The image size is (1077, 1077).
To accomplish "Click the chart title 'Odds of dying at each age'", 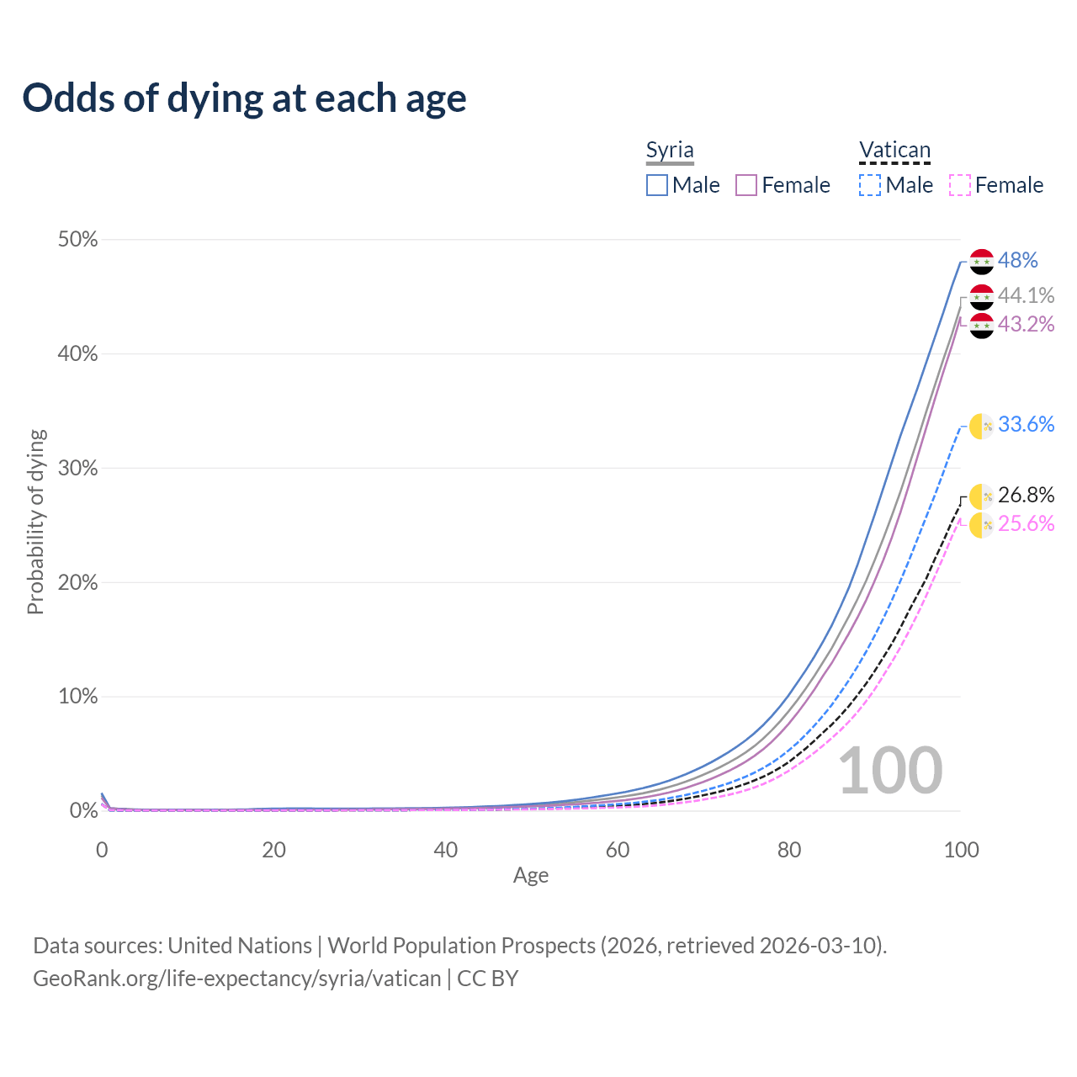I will click(244, 98).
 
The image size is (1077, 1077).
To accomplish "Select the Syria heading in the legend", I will click(670, 151).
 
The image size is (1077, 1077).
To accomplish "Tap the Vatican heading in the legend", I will click(894, 151).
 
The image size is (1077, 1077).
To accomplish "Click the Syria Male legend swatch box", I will click(657, 185).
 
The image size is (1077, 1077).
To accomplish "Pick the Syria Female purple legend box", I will click(746, 185).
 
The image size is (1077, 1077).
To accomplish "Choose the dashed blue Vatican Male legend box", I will click(870, 185).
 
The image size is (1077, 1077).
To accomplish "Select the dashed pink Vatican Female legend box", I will click(960, 185).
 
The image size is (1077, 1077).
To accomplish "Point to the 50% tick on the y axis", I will click(77, 240).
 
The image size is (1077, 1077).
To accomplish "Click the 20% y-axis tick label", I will click(77, 582).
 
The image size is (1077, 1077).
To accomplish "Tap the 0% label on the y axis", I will click(83, 810).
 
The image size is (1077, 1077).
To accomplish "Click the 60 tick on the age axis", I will click(618, 850).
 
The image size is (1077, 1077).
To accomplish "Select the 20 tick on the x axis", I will click(273, 850).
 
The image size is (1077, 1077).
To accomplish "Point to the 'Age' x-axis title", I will click(531, 875).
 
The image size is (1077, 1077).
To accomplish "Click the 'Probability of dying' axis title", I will click(35, 522).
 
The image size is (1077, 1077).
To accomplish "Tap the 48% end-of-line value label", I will click(1017, 261).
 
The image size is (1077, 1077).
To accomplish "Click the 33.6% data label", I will click(1026, 424).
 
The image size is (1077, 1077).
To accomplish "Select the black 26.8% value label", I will click(1026, 495).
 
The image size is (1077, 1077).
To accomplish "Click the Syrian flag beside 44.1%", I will click(982, 297).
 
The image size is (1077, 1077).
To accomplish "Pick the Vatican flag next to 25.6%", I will click(982, 525).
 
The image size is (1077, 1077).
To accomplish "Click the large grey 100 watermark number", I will click(890, 771).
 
